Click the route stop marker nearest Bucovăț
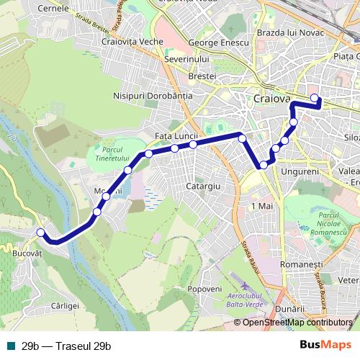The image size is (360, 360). (x=41, y=232)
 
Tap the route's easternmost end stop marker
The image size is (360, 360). (x=314, y=98)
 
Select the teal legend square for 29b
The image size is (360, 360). (x=11, y=346)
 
